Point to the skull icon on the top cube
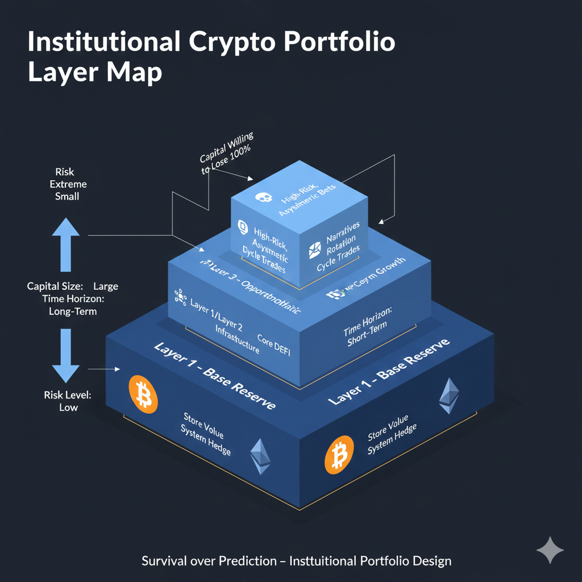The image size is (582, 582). point(262,197)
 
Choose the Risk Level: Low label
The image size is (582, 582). point(68,401)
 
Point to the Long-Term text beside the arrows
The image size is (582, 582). point(73,311)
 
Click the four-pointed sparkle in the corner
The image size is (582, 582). point(550,550)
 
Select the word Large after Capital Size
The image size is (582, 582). point(106,286)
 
